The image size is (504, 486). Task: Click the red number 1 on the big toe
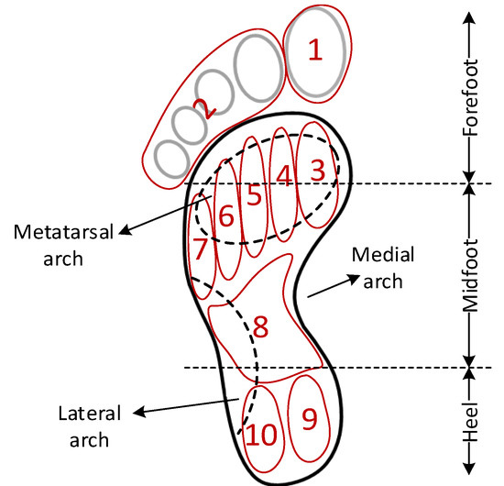(x=314, y=51)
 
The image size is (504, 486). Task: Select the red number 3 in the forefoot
(x=316, y=170)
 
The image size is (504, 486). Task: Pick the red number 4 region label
(x=285, y=175)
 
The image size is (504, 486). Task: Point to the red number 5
(x=254, y=194)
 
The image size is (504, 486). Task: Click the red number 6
(x=225, y=216)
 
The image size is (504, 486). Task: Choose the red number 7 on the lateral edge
(x=201, y=249)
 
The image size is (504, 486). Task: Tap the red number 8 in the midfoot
(x=260, y=326)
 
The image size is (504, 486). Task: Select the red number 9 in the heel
(x=310, y=418)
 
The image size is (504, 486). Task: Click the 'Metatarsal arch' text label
(x=50, y=243)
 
